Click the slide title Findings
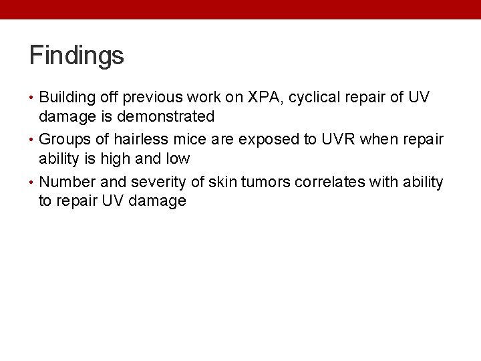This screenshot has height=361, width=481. (76, 55)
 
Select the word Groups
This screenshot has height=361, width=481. (66, 140)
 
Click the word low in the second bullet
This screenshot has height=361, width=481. (178, 159)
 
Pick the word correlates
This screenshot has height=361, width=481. (339, 183)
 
